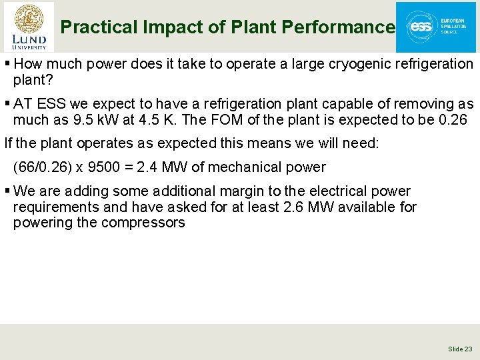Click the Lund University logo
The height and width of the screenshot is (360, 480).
pos(29,27)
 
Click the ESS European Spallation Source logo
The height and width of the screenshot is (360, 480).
pos(435,27)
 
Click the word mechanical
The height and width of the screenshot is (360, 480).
pos(241,167)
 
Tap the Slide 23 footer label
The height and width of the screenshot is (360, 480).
pos(460,349)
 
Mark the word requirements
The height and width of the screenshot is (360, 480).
pos(51,207)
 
